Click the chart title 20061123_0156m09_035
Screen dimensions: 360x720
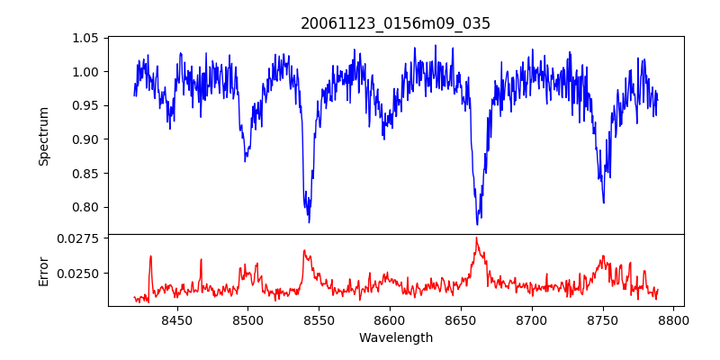395,23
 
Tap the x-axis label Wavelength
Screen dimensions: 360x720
395,338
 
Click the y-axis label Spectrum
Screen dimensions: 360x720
43,135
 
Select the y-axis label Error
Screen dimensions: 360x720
43,270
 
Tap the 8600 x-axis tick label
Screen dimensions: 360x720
389,319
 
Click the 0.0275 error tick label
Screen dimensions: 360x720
80,238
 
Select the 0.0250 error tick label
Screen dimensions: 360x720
80,273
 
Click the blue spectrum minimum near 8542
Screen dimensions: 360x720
309,221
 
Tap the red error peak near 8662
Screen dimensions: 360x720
476,238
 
